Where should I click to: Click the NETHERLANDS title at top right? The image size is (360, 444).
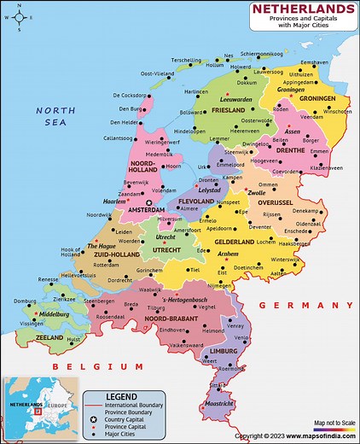click(x=303, y=9)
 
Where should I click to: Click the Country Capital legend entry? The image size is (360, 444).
click(x=131, y=420)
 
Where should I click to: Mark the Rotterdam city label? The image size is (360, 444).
click(x=107, y=266)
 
